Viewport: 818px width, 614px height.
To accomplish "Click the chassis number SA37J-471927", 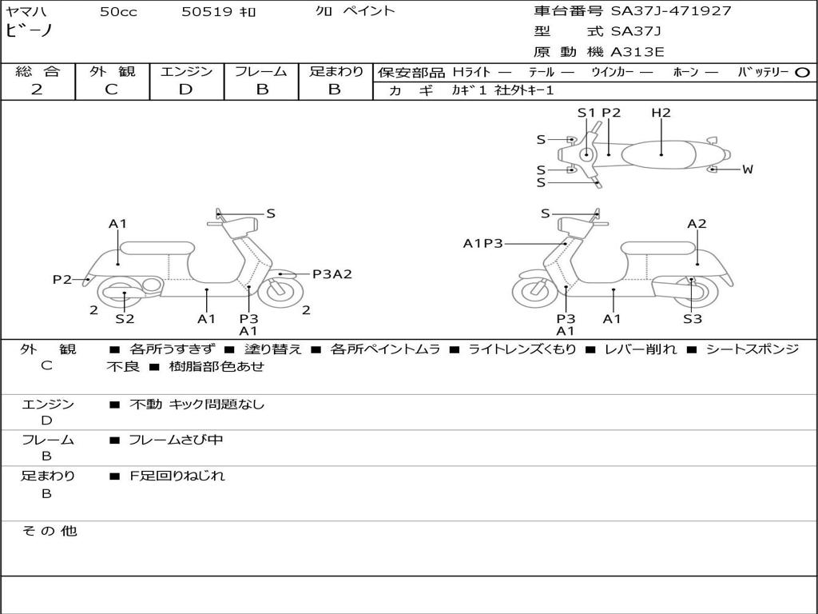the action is point(671,11).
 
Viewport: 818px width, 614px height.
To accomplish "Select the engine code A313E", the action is point(637,53).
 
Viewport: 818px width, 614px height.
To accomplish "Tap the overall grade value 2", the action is point(37,90).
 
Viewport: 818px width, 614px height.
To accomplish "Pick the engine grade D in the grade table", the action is point(186,90).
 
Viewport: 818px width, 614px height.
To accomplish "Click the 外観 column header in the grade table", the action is point(112,72).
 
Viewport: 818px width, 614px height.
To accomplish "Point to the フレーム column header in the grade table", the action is point(261,72).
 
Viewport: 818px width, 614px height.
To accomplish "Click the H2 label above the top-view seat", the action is point(661,113).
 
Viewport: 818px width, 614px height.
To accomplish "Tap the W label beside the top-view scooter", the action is point(748,169).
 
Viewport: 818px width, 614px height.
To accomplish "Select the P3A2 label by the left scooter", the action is point(332,274).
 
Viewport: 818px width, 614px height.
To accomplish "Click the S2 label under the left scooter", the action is point(125,319).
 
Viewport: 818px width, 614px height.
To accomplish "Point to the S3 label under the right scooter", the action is point(692,319).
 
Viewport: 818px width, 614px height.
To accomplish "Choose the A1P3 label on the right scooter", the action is point(482,244).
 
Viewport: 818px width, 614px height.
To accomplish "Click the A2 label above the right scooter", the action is point(697,224).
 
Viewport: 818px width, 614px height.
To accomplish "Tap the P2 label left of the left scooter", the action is point(62,280).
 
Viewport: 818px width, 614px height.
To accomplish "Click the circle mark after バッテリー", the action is point(803,72).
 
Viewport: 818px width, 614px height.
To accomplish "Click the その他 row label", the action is point(48,531).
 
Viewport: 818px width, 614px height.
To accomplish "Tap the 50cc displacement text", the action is point(118,11).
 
